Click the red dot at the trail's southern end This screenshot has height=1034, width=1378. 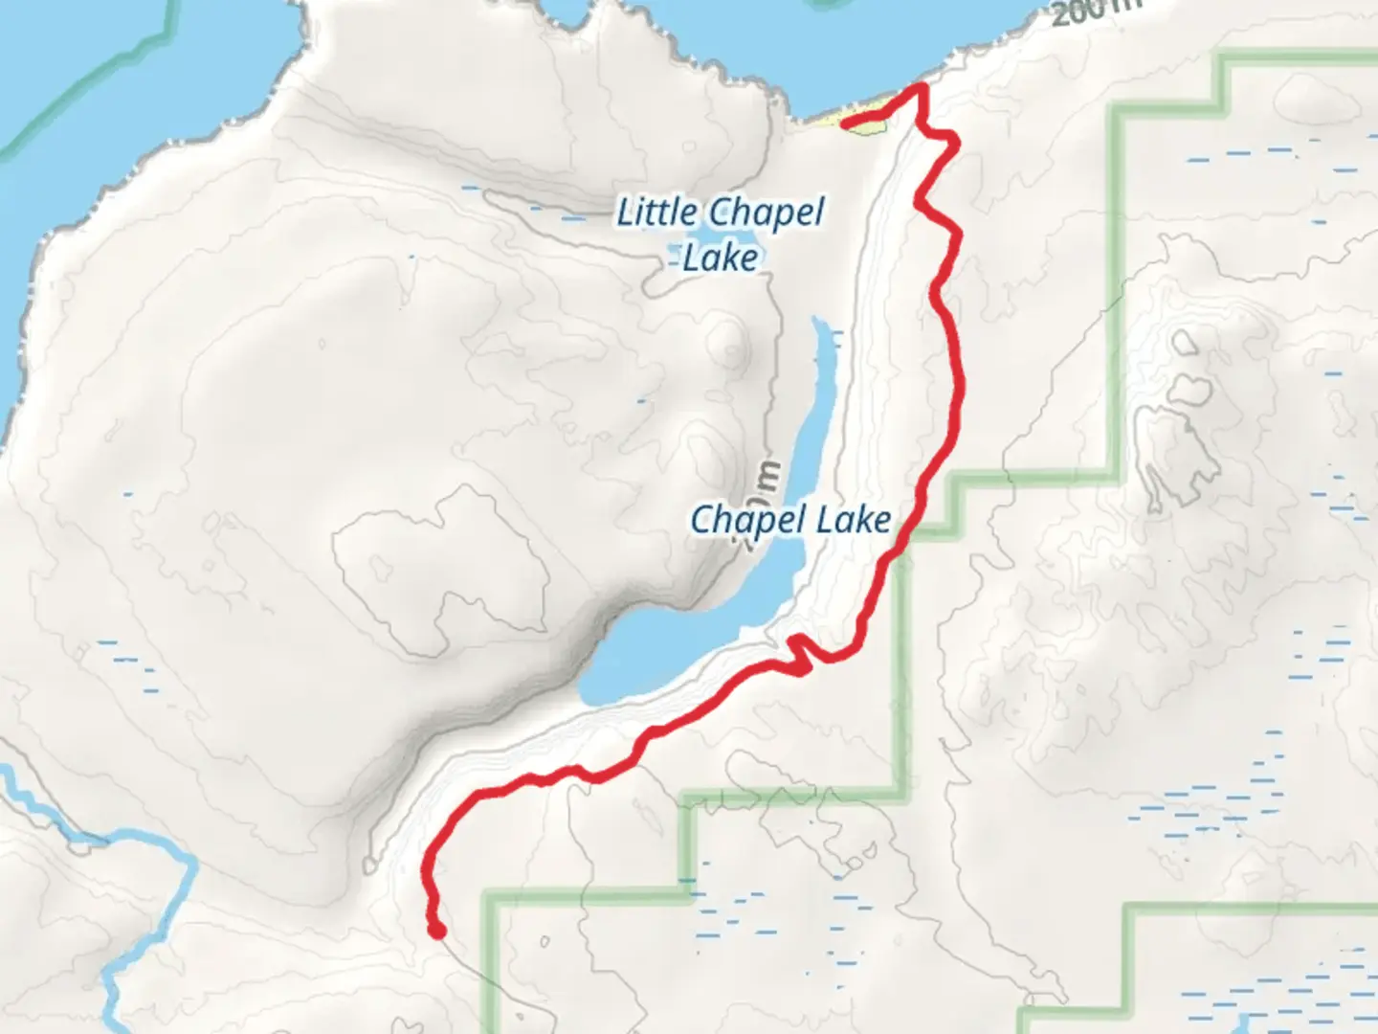[x=436, y=930]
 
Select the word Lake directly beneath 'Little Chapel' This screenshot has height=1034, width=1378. [x=721, y=258]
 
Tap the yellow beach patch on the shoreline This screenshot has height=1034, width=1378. [x=861, y=124]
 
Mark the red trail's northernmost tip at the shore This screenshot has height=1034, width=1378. [x=921, y=88]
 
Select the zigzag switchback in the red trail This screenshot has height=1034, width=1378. [x=800, y=652]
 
